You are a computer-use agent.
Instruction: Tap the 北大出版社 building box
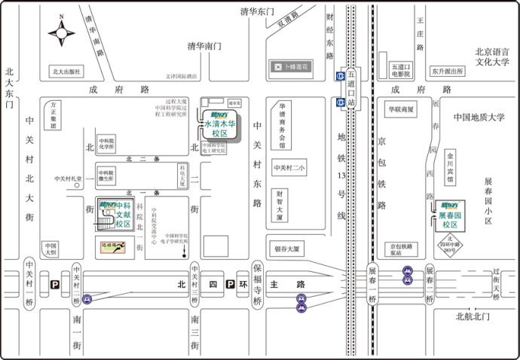click(x=66, y=72)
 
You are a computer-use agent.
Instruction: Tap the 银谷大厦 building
click(x=287, y=248)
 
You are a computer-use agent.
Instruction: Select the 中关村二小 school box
click(x=289, y=168)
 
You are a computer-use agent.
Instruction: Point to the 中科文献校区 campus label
click(x=117, y=218)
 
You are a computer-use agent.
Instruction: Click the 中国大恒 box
click(x=50, y=249)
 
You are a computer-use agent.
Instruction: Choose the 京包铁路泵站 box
click(x=400, y=249)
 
